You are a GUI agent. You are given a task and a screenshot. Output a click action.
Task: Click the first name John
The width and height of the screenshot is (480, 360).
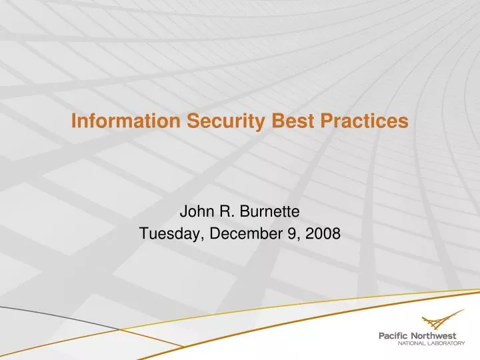coord(194,213)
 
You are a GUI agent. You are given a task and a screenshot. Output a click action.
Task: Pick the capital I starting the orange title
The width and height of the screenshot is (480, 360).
coord(74,121)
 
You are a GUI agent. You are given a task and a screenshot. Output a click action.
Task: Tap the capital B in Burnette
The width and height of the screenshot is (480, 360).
coord(246,213)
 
